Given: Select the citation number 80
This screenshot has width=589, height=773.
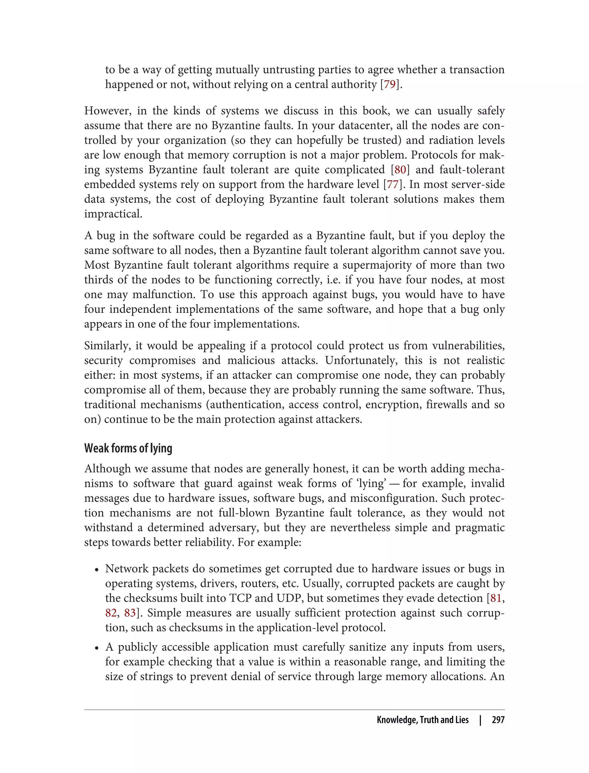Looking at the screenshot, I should tap(400, 170).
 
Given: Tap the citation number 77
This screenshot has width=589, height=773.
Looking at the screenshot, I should tap(393, 184).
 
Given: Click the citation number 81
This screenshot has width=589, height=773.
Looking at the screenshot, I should tap(496, 598).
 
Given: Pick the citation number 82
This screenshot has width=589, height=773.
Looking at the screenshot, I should tap(111, 613).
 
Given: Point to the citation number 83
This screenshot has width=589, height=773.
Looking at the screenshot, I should tap(130, 613).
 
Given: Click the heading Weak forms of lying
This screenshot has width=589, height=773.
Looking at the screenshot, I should tap(128, 448).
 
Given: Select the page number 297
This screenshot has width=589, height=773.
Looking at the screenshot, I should tap(498, 720).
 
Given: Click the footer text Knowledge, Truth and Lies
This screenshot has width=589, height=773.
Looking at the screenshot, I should tap(422, 720).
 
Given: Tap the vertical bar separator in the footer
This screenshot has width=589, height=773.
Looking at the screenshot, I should tap(481, 720).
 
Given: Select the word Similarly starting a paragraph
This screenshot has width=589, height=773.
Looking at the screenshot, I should tap(107, 346).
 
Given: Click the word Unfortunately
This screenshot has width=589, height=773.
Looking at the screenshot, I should tap(362, 360).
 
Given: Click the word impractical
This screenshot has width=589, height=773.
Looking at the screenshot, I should tap(113, 214).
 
